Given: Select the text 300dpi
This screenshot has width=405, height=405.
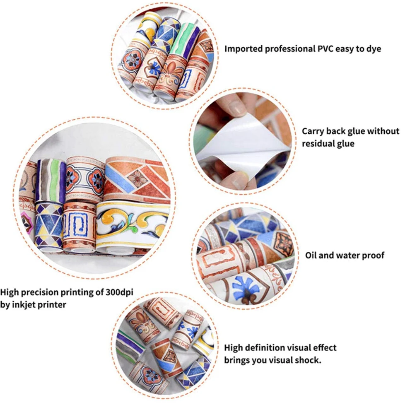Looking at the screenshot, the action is pyautogui.click(x=120, y=292).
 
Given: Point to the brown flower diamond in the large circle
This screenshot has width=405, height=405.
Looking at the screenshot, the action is pyautogui.click(x=136, y=178).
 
